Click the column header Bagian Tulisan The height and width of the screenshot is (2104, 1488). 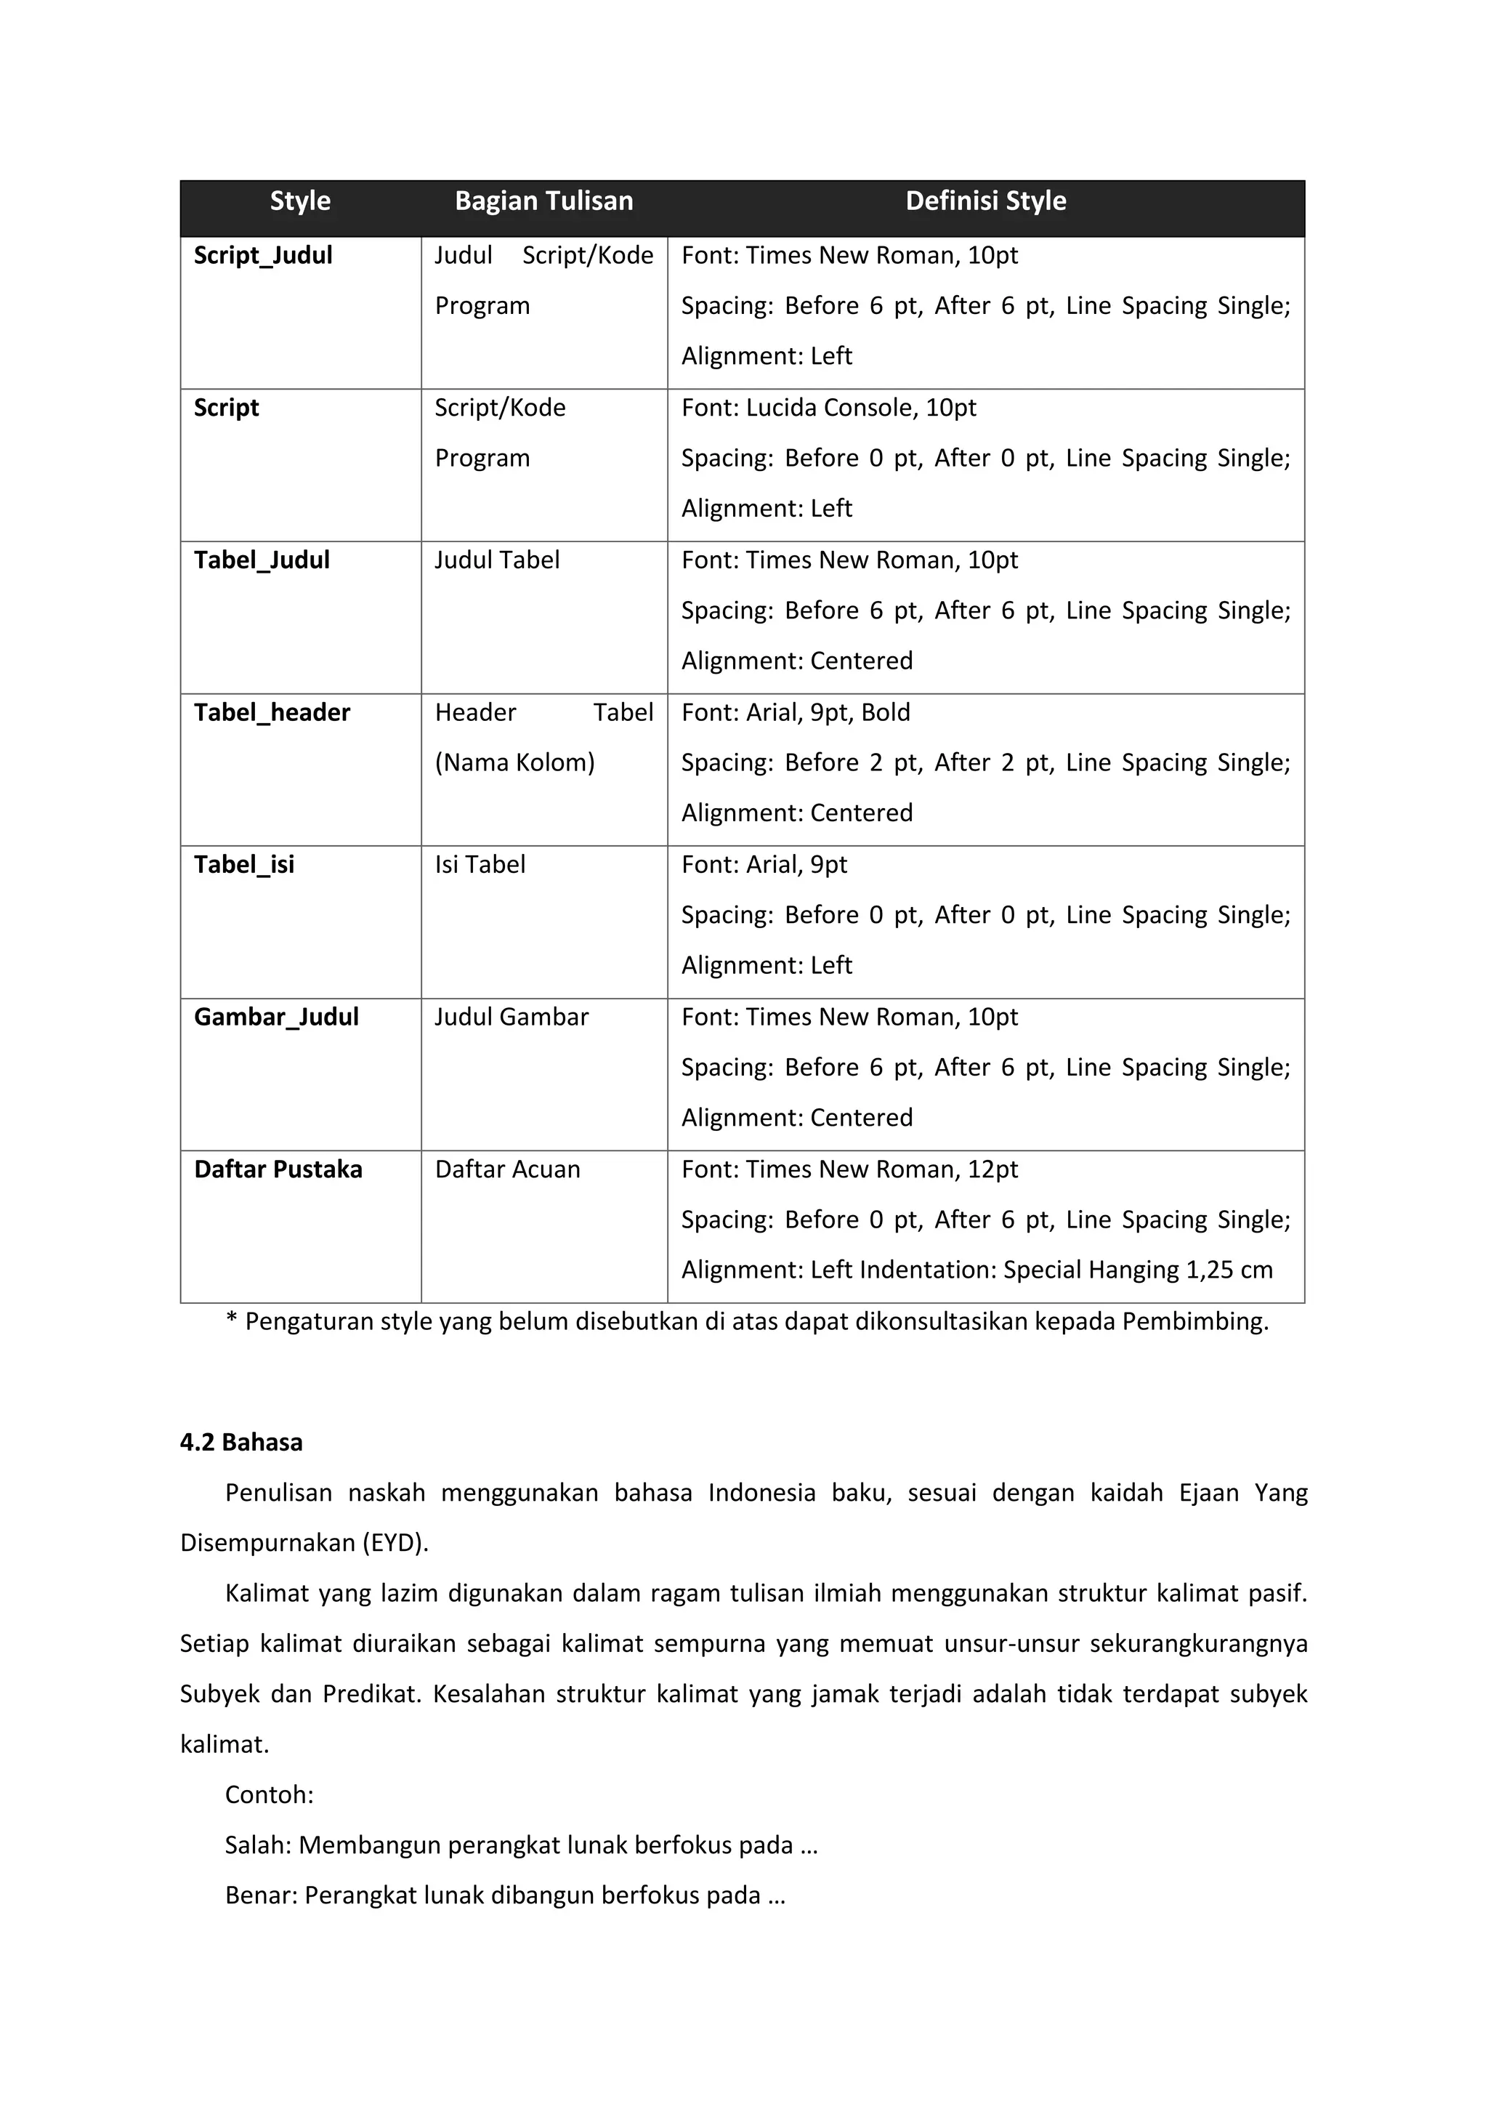coord(543,201)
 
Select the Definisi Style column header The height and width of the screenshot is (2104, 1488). coord(985,201)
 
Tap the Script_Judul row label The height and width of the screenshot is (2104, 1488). coord(263,256)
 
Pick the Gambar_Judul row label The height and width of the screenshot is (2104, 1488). coord(276,1017)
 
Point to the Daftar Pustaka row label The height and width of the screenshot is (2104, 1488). coord(278,1169)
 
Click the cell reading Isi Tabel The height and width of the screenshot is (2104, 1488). coord(480,865)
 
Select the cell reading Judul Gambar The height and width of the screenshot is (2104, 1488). coord(511,1017)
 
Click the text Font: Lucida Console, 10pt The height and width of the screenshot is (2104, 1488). coord(828,408)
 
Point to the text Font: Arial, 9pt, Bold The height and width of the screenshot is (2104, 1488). coord(796,713)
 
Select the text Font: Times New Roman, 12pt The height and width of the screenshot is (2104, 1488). coord(849,1169)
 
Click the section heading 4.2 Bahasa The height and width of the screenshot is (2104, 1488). coord(241,1443)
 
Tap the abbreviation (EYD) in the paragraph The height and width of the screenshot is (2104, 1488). coord(395,1543)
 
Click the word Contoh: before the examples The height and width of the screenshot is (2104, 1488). coord(270,1794)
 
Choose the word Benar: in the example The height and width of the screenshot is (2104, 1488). coord(260,1895)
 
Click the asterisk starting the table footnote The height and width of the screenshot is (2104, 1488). coord(232,1321)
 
